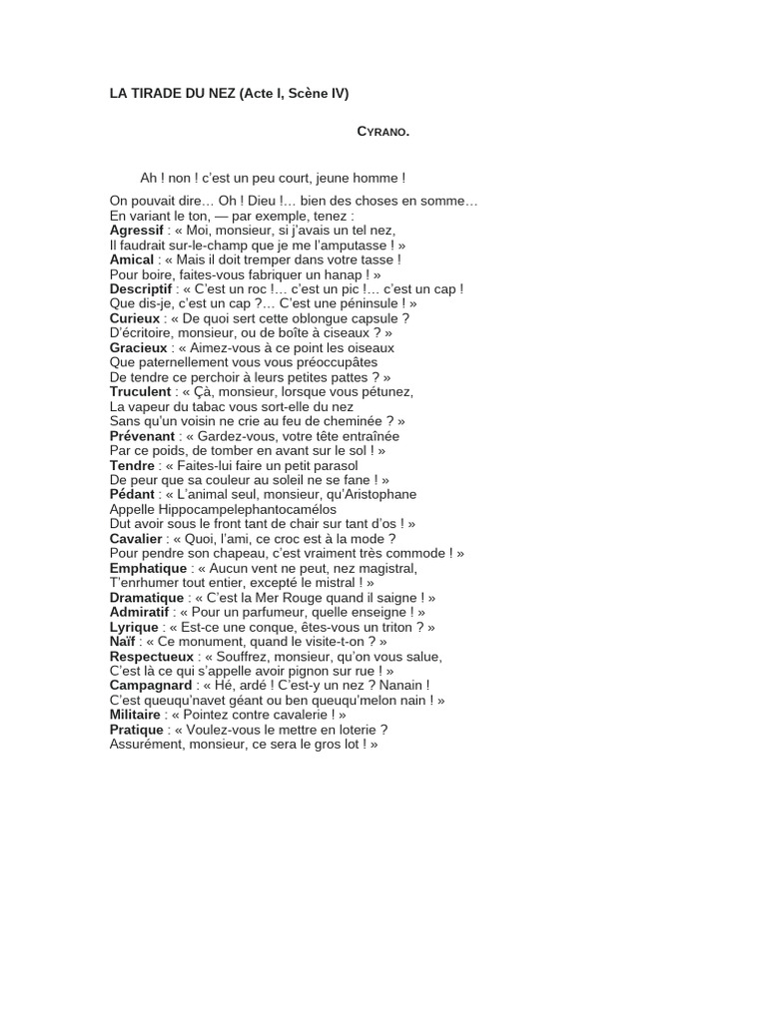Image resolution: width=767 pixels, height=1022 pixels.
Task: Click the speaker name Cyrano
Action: pos(383,132)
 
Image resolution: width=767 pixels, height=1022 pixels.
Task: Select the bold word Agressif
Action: pos(136,230)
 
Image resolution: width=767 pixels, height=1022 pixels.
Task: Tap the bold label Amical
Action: pos(131,259)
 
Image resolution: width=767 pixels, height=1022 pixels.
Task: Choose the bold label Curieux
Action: pos(134,318)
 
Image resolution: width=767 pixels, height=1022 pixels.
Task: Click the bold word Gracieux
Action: pos(138,348)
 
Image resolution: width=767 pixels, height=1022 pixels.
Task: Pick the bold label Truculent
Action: pos(140,392)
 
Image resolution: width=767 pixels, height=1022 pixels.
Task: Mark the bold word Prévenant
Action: pos(142,436)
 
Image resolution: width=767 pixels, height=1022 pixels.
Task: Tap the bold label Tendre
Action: pos(132,466)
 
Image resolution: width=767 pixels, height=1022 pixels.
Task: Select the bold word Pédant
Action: pos(132,495)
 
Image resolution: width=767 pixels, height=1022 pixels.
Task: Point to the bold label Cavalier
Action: pos(135,539)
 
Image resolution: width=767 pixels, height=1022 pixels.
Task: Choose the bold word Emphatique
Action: pos(148,568)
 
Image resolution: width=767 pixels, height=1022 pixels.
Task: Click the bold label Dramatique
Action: pos(147,598)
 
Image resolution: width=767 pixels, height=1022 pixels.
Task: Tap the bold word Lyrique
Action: pos(134,628)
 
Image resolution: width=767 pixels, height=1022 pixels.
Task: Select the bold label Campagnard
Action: pos(150,686)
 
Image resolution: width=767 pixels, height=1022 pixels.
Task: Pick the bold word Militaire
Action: pos(135,716)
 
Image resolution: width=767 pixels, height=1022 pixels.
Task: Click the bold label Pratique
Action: pos(136,730)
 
